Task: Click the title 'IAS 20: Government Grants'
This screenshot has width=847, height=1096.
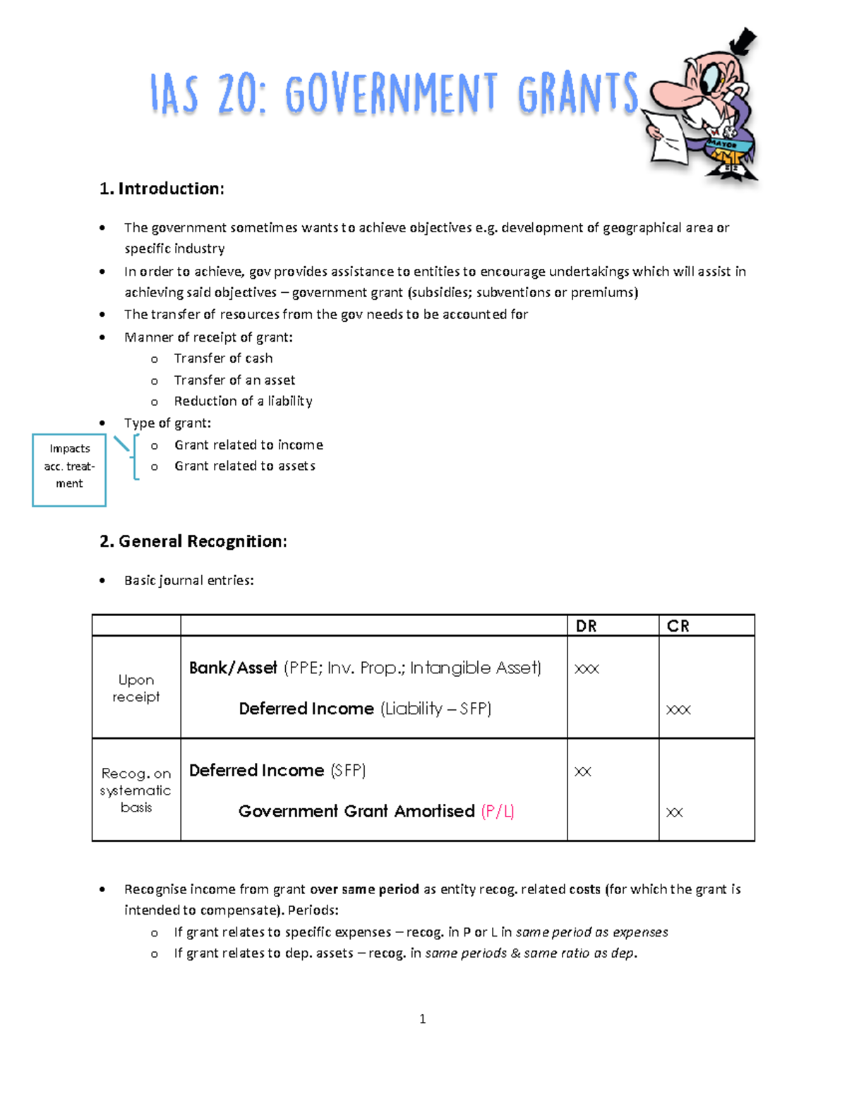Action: (394, 93)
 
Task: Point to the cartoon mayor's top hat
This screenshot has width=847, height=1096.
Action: (743, 42)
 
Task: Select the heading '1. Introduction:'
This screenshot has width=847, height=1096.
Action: (162, 188)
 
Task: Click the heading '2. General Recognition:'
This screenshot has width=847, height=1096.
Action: (193, 541)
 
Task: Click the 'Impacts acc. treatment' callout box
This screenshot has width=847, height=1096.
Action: (69, 466)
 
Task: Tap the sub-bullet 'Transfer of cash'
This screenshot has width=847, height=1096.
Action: (223, 359)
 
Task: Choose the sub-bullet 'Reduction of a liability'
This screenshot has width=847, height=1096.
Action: (243, 401)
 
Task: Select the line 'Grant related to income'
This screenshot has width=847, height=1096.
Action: (248, 445)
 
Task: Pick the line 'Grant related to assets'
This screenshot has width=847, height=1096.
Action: (244, 466)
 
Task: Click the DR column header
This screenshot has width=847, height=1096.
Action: (586, 626)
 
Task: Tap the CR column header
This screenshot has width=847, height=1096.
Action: (678, 626)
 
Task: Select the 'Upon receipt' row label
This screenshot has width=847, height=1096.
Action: (136, 688)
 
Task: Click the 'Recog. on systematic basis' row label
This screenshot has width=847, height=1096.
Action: (136, 790)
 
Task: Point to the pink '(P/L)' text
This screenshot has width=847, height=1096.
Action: (497, 812)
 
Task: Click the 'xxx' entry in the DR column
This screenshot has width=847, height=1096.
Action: (587, 668)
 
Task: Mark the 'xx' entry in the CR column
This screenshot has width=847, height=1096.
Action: (674, 812)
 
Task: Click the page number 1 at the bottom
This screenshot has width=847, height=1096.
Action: (422, 1018)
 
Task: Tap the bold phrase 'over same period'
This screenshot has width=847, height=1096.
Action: (364, 889)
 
